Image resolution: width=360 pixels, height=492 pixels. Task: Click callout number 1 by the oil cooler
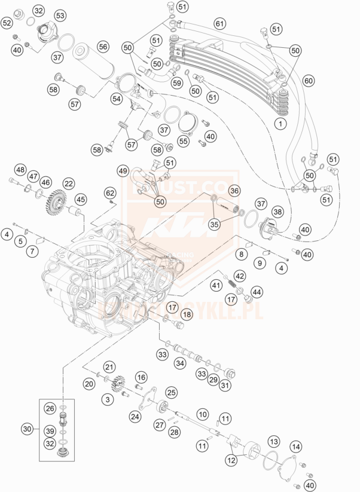[x=279, y=124]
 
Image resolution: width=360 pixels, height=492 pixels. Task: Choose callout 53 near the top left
[x=60, y=15]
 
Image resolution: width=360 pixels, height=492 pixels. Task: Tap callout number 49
[x=123, y=171]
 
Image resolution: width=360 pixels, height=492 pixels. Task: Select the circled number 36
[x=234, y=191]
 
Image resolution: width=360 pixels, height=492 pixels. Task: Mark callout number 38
[x=278, y=212]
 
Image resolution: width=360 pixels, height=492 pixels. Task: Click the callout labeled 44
[x=258, y=292]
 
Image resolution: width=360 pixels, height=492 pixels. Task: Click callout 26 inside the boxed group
[x=50, y=408]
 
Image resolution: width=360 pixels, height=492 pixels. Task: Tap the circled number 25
[x=172, y=392]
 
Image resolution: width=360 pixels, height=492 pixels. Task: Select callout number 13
[x=273, y=441]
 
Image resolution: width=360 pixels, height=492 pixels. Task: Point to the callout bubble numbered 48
[x=20, y=170]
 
